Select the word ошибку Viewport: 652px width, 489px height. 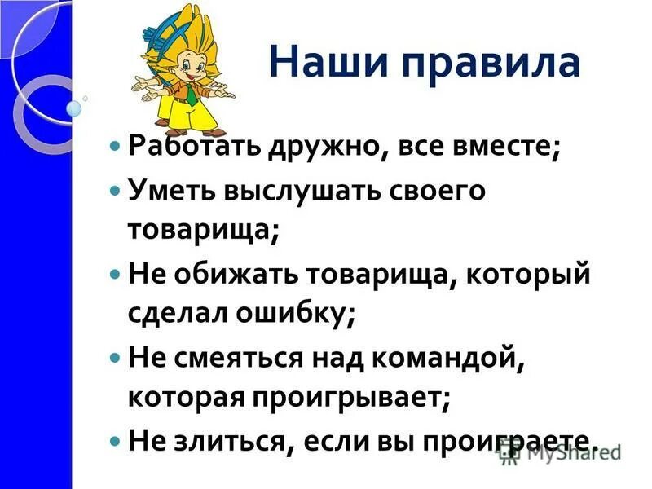pyautogui.click(x=297, y=313)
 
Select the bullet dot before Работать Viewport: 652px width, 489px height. pyautogui.click(x=114, y=148)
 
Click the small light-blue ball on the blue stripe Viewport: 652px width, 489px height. pyautogui.click(x=75, y=108)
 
